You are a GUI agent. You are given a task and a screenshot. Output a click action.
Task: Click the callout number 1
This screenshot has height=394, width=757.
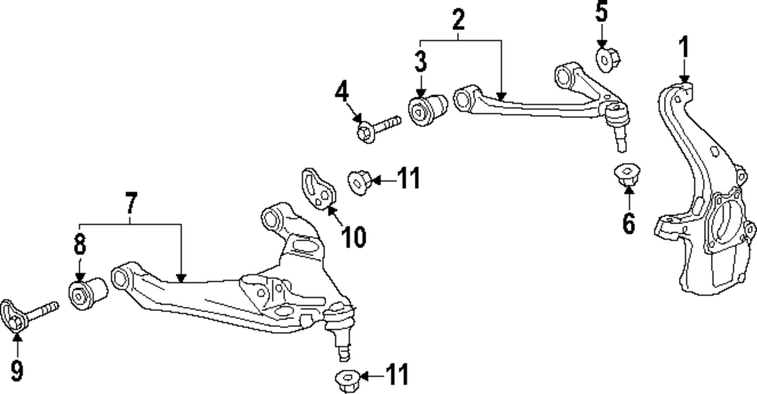coord(684,49)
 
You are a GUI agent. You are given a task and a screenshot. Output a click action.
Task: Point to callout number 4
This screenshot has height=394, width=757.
coord(342,94)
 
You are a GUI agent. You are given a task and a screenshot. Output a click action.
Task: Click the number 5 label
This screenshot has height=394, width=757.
coord(601,12)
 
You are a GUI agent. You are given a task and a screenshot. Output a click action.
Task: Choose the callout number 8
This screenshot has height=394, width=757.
coord(79,246)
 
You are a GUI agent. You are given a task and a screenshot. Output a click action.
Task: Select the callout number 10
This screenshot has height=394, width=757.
coord(354,237)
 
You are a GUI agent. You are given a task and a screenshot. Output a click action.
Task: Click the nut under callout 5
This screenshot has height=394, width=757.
coord(607,58)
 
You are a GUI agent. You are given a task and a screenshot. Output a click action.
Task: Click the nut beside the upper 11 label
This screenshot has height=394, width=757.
coord(358,181)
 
